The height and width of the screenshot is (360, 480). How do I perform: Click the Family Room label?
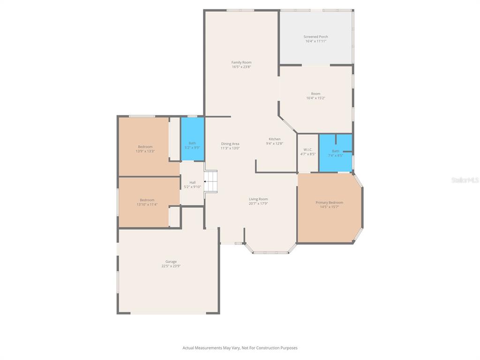pos(241,62)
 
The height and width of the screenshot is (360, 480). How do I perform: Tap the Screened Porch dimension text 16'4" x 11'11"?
pos(315,41)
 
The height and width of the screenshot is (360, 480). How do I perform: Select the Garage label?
pos(171,262)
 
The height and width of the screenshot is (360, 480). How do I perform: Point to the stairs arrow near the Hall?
pos(206,181)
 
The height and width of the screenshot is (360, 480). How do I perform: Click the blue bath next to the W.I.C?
pos(335,153)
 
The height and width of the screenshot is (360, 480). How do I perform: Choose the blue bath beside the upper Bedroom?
pos(192,139)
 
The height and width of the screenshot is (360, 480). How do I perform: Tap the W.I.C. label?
pos(307,150)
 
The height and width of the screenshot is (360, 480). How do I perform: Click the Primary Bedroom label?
pos(329,202)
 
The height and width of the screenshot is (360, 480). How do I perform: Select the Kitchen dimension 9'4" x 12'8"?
pos(275,143)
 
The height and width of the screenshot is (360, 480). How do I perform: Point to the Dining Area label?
pos(230,144)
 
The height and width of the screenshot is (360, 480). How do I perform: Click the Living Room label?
pos(258,199)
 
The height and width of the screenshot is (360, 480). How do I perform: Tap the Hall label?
pos(192,182)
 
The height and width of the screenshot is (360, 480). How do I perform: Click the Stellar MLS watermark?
pos(465,180)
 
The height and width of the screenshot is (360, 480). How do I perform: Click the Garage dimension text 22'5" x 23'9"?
pos(171,266)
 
